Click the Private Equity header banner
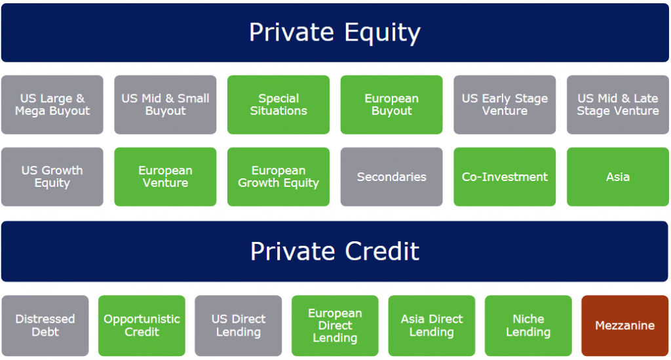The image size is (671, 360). pos(335,33)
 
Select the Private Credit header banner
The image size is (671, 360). pos(335,251)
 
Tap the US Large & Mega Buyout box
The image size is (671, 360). pos(52,105)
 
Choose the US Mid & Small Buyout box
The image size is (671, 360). pos(165,105)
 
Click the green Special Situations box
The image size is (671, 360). pos(278,105)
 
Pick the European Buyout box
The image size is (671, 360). pos(391,105)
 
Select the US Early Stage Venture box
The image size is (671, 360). pos(505,105)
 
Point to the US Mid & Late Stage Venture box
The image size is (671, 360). pos(617,105)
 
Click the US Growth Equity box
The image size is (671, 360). pos(52,177)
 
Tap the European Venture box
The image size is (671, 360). pos(165,177)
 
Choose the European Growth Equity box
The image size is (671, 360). pos(278,177)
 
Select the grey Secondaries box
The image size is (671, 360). pos(391,177)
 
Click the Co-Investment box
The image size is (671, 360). pos(505,177)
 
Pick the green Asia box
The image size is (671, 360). pos(617,177)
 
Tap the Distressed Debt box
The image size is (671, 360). pos(45,326)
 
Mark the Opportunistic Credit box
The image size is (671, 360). pos(142,326)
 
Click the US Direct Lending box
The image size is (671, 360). pos(239,326)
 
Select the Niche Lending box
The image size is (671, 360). pos(528,326)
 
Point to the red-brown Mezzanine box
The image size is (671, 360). pos(624,326)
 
